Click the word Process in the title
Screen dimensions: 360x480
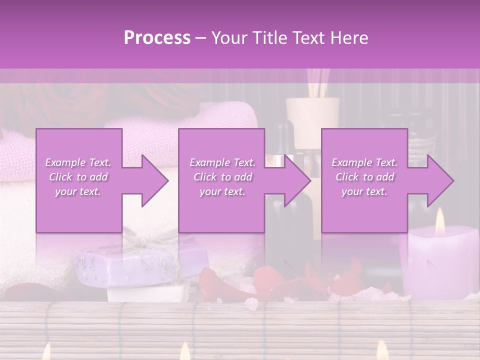(157, 37)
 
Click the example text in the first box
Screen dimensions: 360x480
(78, 177)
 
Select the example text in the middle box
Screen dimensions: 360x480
(222, 177)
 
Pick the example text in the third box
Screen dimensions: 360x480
(364, 177)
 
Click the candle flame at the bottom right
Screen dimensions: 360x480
(382, 349)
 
